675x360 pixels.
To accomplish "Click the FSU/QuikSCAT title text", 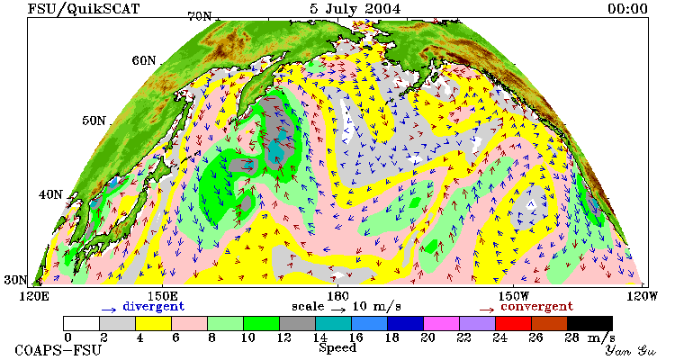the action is pyautogui.click(x=84, y=9).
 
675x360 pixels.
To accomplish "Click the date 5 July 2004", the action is pyautogui.click(x=355, y=9).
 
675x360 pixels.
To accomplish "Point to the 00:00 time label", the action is pyautogui.click(x=627, y=9).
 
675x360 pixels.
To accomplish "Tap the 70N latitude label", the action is pyautogui.click(x=200, y=17).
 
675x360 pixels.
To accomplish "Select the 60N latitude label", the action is pyautogui.click(x=144, y=60).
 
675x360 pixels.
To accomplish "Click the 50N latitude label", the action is pyautogui.click(x=94, y=121).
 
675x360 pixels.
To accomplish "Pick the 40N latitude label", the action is pyautogui.click(x=50, y=194).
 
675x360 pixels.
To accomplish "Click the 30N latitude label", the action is pyautogui.click(x=16, y=280).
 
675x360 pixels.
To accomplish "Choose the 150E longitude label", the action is pyautogui.click(x=162, y=296).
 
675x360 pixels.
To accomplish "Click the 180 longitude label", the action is pyautogui.click(x=337, y=296).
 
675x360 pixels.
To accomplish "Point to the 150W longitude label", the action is pyautogui.click(x=513, y=296).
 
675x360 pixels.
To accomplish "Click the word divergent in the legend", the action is pyautogui.click(x=154, y=307).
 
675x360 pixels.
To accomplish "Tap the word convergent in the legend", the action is pyautogui.click(x=536, y=307).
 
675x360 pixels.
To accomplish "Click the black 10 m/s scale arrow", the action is pyautogui.click(x=338, y=309).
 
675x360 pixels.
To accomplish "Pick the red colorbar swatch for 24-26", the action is pyautogui.click(x=513, y=323).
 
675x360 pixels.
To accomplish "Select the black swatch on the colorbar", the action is pyautogui.click(x=589, y=323).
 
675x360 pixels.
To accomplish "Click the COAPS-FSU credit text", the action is pyautogui.click(x=58, y=350).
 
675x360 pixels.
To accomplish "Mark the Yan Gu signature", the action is pyautogui.click(x=630, y=350).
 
